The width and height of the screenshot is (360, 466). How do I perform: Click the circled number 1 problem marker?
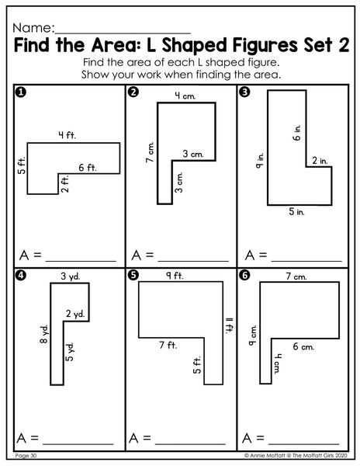[x=20, y=92]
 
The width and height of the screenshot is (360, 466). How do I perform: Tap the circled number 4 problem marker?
[x=21, y=276]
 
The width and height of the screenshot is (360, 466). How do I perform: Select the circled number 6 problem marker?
[x=244, y=276]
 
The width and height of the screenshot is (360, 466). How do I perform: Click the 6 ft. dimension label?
[x=88, y=168]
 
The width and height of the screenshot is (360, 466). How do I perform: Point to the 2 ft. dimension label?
[x=64, y=184]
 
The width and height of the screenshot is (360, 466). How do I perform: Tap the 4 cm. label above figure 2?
[x=185, y=96]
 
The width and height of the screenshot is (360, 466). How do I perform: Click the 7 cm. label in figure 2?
[x=151, y=152]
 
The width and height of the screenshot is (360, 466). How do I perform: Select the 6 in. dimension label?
[x=297, y=133]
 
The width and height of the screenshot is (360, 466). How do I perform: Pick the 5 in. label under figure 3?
[x=296, y=211]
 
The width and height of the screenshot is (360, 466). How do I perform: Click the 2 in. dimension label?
[x=320, y=161]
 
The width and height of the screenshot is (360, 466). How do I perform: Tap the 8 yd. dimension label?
[x=43, y=334]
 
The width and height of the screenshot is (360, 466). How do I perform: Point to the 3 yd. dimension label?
[x=71, y=276]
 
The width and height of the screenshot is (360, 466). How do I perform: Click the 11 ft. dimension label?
[x=230, y=325]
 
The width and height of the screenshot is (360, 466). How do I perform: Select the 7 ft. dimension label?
[x=168, y=345]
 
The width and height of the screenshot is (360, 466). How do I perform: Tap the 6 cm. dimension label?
[x=303, y=346]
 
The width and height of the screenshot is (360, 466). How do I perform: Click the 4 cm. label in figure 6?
[x=276, y=363]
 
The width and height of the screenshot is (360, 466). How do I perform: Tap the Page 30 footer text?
[x=26, y=456]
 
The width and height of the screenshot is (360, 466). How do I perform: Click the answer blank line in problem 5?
[x=190, y=444]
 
